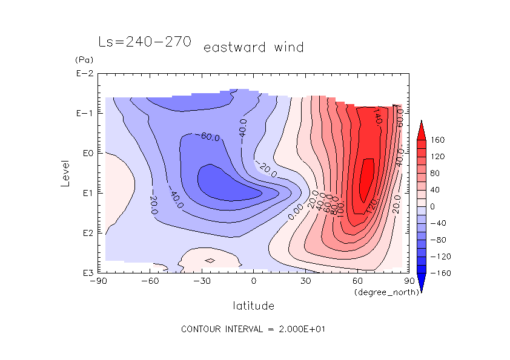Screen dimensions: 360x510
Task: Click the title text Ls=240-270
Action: (145, 42)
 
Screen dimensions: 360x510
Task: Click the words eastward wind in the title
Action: (253, 47)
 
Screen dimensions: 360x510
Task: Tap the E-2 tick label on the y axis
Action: (84, 74)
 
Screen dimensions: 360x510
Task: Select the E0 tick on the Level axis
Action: (87, 153)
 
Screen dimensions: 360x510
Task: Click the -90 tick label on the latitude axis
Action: (98, 281)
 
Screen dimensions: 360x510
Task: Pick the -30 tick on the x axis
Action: (202, 281)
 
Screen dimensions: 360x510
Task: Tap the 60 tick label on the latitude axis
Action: (357, 281)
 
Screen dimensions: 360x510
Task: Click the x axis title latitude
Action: (253, 306)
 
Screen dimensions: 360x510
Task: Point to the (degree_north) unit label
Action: (380, 293)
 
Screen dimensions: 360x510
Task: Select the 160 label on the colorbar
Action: (438, 140)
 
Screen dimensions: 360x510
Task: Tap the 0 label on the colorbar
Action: (432, 206)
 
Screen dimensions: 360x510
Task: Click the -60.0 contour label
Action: (210, 137)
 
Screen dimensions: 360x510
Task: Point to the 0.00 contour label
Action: (296, 211)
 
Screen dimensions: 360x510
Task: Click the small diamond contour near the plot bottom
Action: (210, 261)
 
